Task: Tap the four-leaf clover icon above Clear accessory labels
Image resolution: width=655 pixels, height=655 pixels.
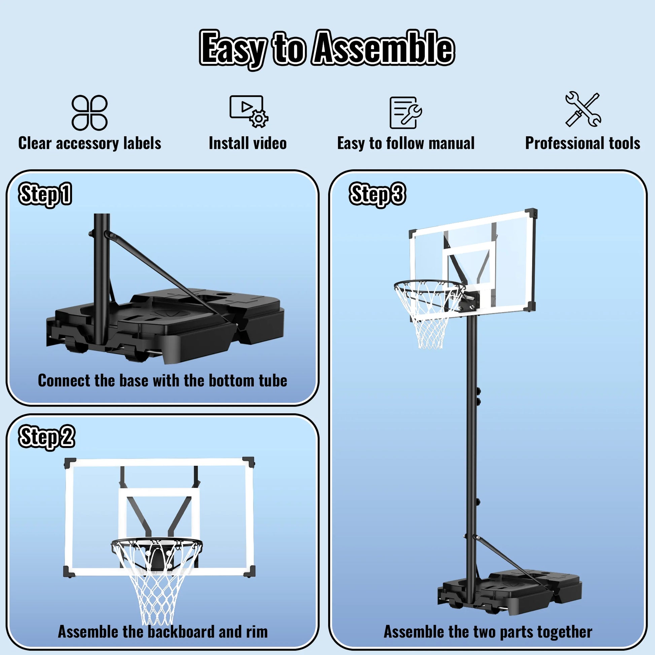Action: tap(90, 112)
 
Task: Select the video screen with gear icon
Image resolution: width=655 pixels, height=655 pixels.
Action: tap(248, 111)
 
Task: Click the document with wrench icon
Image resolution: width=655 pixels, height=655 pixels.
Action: tap(405, 112)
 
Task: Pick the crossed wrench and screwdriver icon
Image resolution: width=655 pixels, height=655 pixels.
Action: tap(583, 109)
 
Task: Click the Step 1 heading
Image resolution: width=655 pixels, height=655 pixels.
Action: tap(45, 194)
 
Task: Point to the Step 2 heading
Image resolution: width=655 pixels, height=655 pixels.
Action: tap(46, 437)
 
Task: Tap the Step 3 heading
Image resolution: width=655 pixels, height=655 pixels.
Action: tap(377, 194)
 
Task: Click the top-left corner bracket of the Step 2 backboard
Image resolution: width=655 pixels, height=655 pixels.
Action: tap(70, 463)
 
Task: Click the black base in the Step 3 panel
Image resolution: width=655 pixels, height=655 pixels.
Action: tap(509, 592)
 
